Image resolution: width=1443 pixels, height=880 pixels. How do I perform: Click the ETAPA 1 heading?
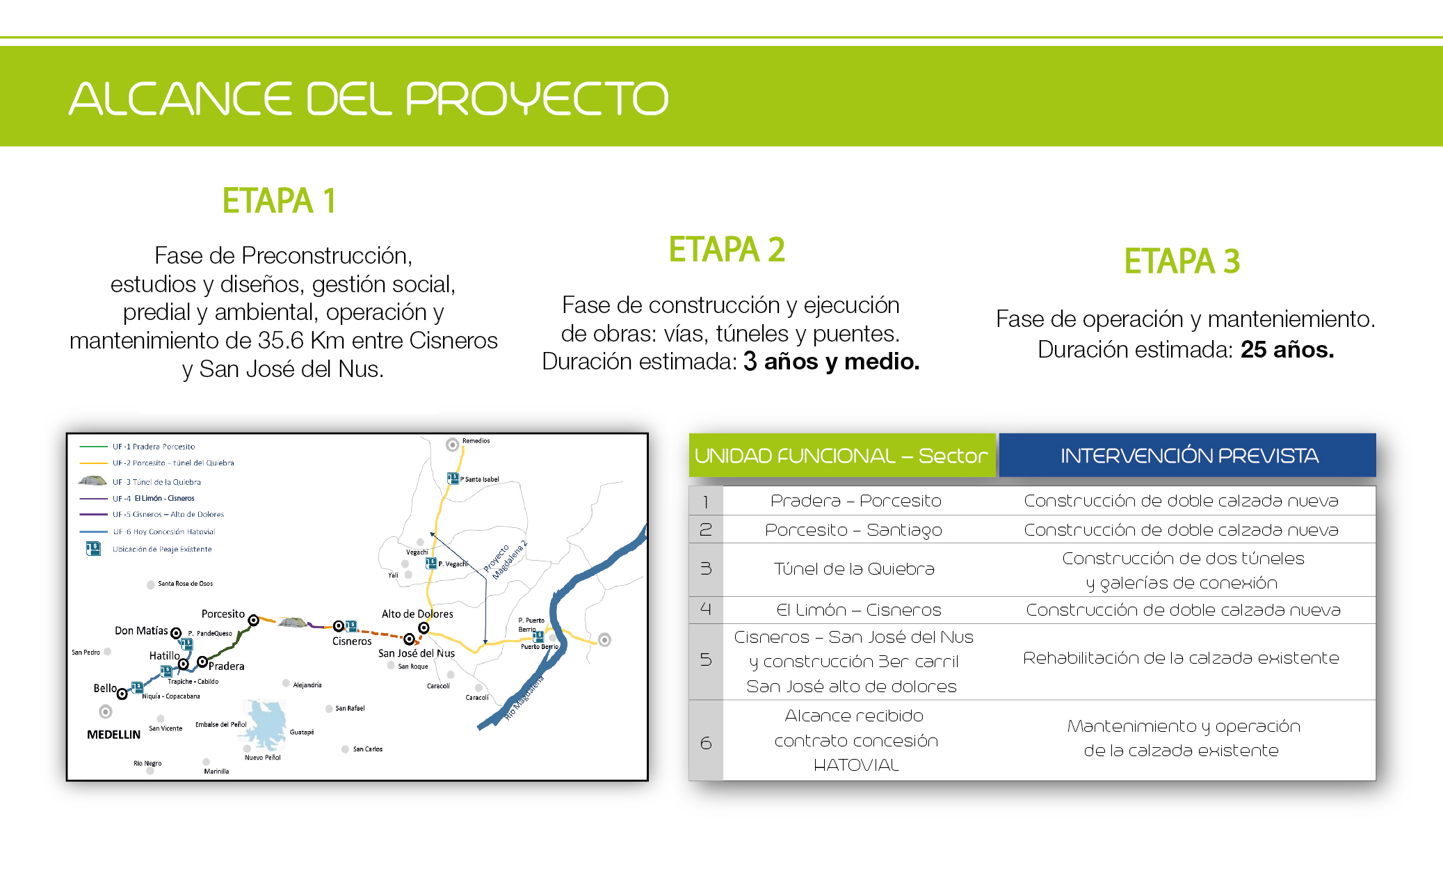[279, 201]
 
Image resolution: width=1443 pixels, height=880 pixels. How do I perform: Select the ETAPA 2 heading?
[727, 250]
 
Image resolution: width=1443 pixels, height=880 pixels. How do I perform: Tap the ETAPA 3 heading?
[1182, 262]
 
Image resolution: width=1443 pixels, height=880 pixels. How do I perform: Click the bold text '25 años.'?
[1287, 349]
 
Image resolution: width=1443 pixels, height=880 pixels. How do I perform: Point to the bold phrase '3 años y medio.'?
[831, 361]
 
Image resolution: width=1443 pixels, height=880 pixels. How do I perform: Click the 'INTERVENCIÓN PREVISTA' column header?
[1188, 456]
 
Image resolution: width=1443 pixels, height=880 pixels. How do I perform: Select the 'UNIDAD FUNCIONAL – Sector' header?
[841, 456]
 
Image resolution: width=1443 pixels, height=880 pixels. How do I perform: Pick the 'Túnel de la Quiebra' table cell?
[854, 569]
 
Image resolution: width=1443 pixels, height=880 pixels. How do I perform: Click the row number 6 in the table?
[706, 743]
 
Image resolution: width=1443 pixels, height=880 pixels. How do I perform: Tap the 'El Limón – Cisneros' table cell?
[858, 610]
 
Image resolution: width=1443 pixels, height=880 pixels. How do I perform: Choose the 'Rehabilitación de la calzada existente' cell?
[1181, 658]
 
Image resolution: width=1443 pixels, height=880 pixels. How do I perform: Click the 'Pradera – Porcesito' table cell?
[855, 501]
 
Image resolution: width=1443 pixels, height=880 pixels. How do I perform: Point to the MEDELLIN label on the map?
[113, 735]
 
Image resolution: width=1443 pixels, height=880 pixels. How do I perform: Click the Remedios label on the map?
[476, 440]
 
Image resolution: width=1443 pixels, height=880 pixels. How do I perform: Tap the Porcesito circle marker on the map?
[254, 620]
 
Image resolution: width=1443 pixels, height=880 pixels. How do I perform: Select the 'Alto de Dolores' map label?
[417, 614]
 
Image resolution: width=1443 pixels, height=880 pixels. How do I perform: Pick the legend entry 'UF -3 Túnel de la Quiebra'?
[156, 481]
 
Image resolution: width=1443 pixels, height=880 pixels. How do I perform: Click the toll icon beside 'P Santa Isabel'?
[453, 478]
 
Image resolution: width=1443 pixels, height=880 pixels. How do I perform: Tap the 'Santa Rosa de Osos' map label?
[185, 584]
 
